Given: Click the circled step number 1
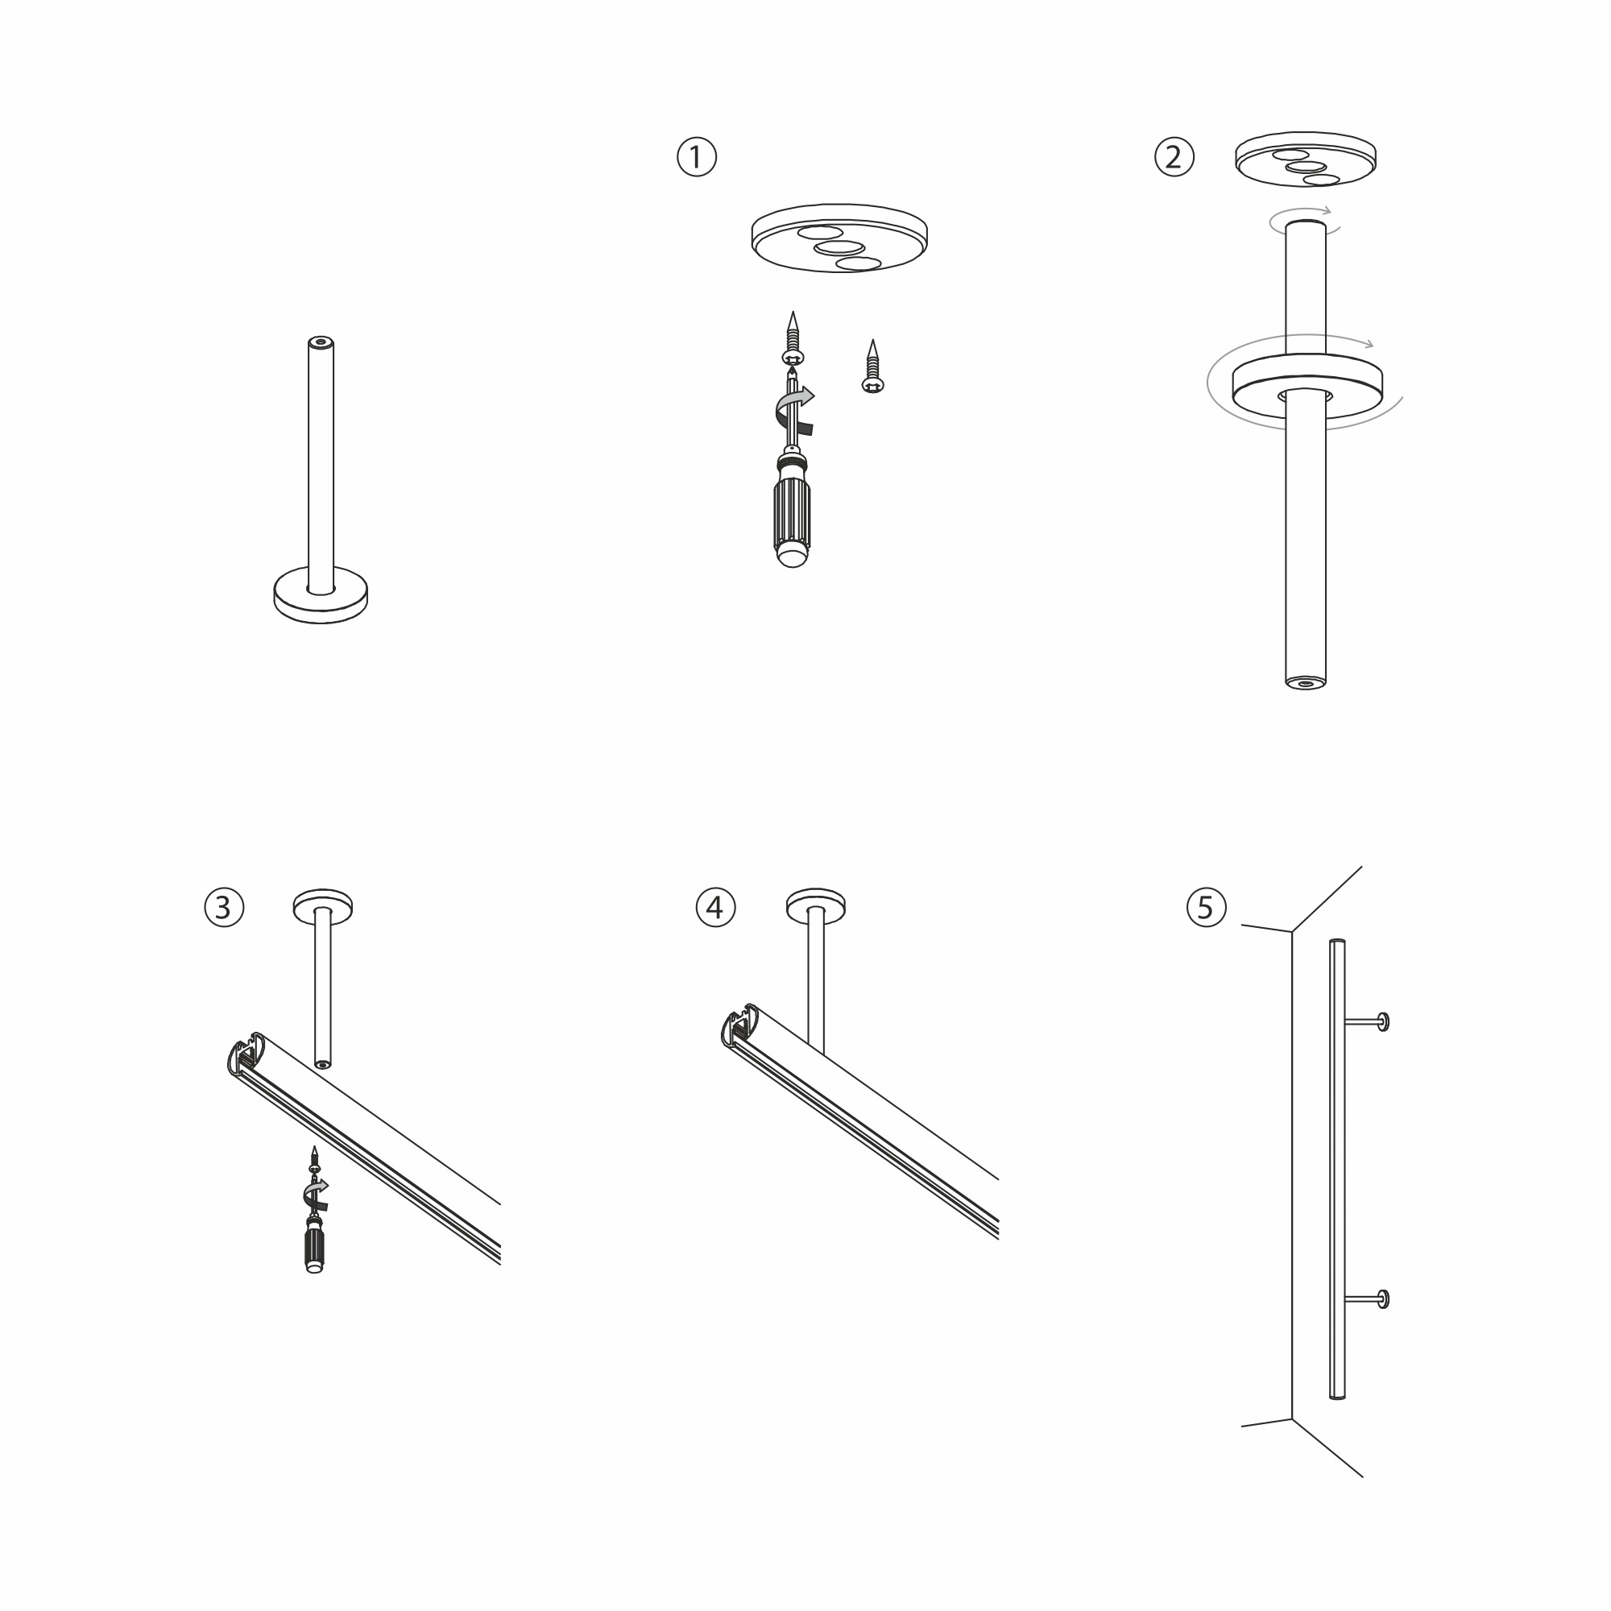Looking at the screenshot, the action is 696,157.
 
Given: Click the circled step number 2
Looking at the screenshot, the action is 1174,157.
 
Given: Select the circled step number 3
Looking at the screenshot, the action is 224,907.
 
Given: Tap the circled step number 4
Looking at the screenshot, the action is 715,907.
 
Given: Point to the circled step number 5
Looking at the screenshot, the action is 1206,907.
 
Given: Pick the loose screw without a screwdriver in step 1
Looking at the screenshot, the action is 872,366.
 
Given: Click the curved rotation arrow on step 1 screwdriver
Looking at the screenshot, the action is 795,410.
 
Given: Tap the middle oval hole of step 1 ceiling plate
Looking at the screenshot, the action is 838,248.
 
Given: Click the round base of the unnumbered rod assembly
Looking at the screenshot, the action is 321,596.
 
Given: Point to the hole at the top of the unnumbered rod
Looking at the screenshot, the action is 321,342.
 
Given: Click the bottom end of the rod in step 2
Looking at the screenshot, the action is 1306,682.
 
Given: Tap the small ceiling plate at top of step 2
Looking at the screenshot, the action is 1306,159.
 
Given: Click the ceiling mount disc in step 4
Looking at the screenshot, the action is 815,905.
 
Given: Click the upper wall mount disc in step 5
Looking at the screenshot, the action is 1383,1021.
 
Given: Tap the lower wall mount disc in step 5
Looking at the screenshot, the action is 1383,1298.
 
